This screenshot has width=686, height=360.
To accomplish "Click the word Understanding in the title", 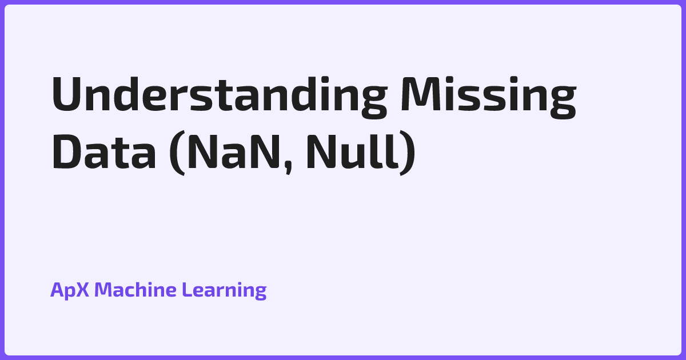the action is (x=220, y=97).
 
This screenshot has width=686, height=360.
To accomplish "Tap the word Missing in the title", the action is (x=488, y=97).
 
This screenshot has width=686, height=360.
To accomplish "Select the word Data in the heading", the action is (x=104, y=152).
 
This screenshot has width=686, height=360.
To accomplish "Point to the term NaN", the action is (x=234, y=152).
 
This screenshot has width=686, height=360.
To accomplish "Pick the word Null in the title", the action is (x=352, y=151).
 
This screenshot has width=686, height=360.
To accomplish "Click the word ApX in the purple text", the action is (x=70, y=290).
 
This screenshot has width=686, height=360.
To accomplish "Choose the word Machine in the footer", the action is (x=135, y=289).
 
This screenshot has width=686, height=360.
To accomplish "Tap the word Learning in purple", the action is (x=224, y=290).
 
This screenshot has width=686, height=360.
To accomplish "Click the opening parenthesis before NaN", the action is (x=178, y=153).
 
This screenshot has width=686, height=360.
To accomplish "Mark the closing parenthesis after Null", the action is (x=408, y=153).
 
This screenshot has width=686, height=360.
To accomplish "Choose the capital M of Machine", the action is (x=105, y=289).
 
